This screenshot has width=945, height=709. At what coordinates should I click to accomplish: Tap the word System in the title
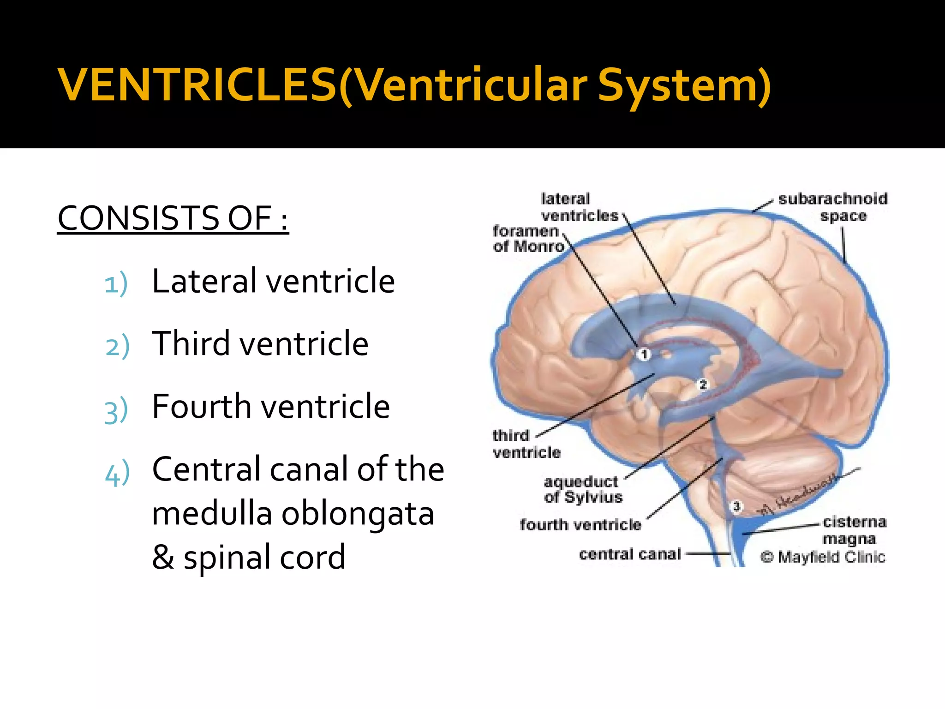coord(683,85)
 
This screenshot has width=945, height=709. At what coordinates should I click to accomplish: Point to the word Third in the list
coord(191,343)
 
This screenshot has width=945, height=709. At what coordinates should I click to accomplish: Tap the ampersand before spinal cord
coord(162,557)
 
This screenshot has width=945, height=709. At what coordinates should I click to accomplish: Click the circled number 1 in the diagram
coord(644,354)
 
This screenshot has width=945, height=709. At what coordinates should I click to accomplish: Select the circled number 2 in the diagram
coord(703,384)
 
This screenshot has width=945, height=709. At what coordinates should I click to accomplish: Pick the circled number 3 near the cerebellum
coord(736,506)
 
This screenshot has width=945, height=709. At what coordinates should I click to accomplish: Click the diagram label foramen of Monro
coord(528,239)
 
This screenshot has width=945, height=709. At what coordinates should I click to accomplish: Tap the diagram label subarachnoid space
coord(833,207)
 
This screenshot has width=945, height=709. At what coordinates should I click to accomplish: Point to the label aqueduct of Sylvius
coord(582,489)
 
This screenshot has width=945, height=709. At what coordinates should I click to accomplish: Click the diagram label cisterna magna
coord(854,530)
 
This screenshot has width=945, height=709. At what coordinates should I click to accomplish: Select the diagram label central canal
coord(630,554)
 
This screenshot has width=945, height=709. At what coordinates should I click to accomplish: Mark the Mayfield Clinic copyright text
coord(823,557)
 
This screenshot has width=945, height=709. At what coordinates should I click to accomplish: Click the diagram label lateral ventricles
coord(579,207)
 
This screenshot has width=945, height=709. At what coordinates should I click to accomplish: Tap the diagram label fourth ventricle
coord(580,525)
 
